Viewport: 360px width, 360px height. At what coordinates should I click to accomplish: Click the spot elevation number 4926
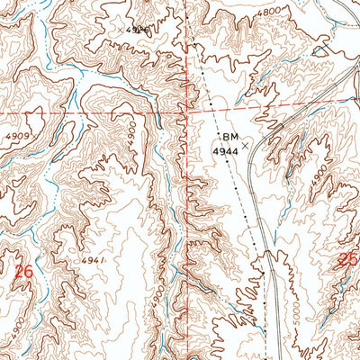click(x=137, y=30)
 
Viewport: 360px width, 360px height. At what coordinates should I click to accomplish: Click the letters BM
click(x=229, y=137)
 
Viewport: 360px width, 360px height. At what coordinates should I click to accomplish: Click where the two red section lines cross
click(x=186, y=115)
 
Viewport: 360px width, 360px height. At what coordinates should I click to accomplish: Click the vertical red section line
click(x=186, y=54)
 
